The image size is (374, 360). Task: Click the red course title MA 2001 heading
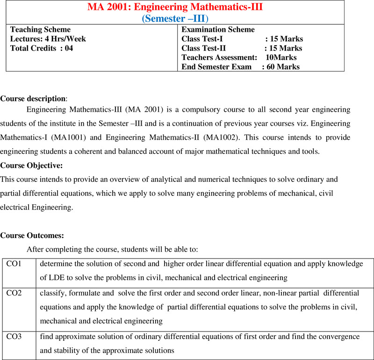pos(175,8)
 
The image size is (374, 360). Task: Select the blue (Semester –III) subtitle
pos(175,18)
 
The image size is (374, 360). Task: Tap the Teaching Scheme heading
pos(41,29)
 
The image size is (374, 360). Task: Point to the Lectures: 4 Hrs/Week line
pos(48,39)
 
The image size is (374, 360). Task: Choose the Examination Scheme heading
pos(218,29)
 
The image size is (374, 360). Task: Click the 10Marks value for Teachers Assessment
pos(280,58)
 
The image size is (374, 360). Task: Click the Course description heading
pos(33,99)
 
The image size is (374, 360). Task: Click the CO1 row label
pos(14,264)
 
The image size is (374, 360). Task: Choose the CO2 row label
pos(14,293)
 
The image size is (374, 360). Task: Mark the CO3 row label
pos(14,337)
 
